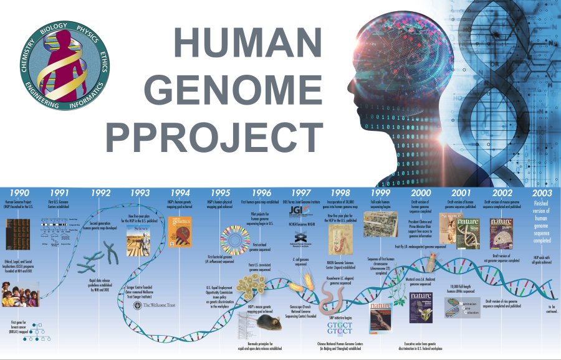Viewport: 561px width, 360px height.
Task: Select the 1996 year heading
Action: tap(262, 192)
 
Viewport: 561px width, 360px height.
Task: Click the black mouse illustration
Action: tap(268, 323)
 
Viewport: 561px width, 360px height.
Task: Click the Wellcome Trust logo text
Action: tap(163, 305)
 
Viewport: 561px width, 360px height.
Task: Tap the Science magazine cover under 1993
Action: tap(138, 240)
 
